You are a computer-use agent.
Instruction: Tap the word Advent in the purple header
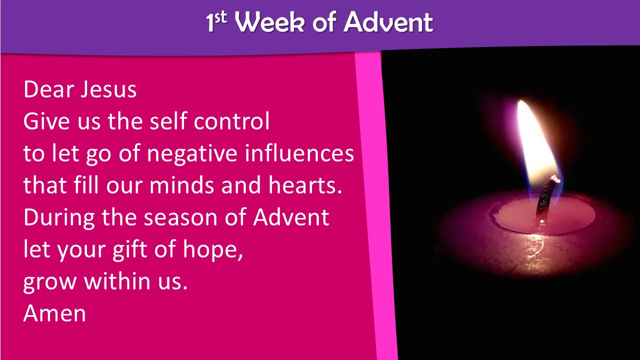[x=388, y=22]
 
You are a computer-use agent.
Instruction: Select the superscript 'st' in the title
[x=220, y=17]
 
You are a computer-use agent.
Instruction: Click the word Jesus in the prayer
[x=108, y=89]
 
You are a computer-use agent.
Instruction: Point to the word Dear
[x=49, y=89]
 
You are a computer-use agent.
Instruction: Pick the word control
[x=231, y=121]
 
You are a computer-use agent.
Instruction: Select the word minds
[x=181, y=185]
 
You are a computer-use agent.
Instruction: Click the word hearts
[x=305, y=185]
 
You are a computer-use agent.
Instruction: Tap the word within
[x=117, y=281]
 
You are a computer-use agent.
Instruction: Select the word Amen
[x=54, y=313]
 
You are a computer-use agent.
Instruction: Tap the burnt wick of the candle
[x=546, y=197]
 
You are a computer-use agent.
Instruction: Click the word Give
[x=46, y=121]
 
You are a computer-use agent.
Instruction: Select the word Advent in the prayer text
[x=291, y=217]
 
